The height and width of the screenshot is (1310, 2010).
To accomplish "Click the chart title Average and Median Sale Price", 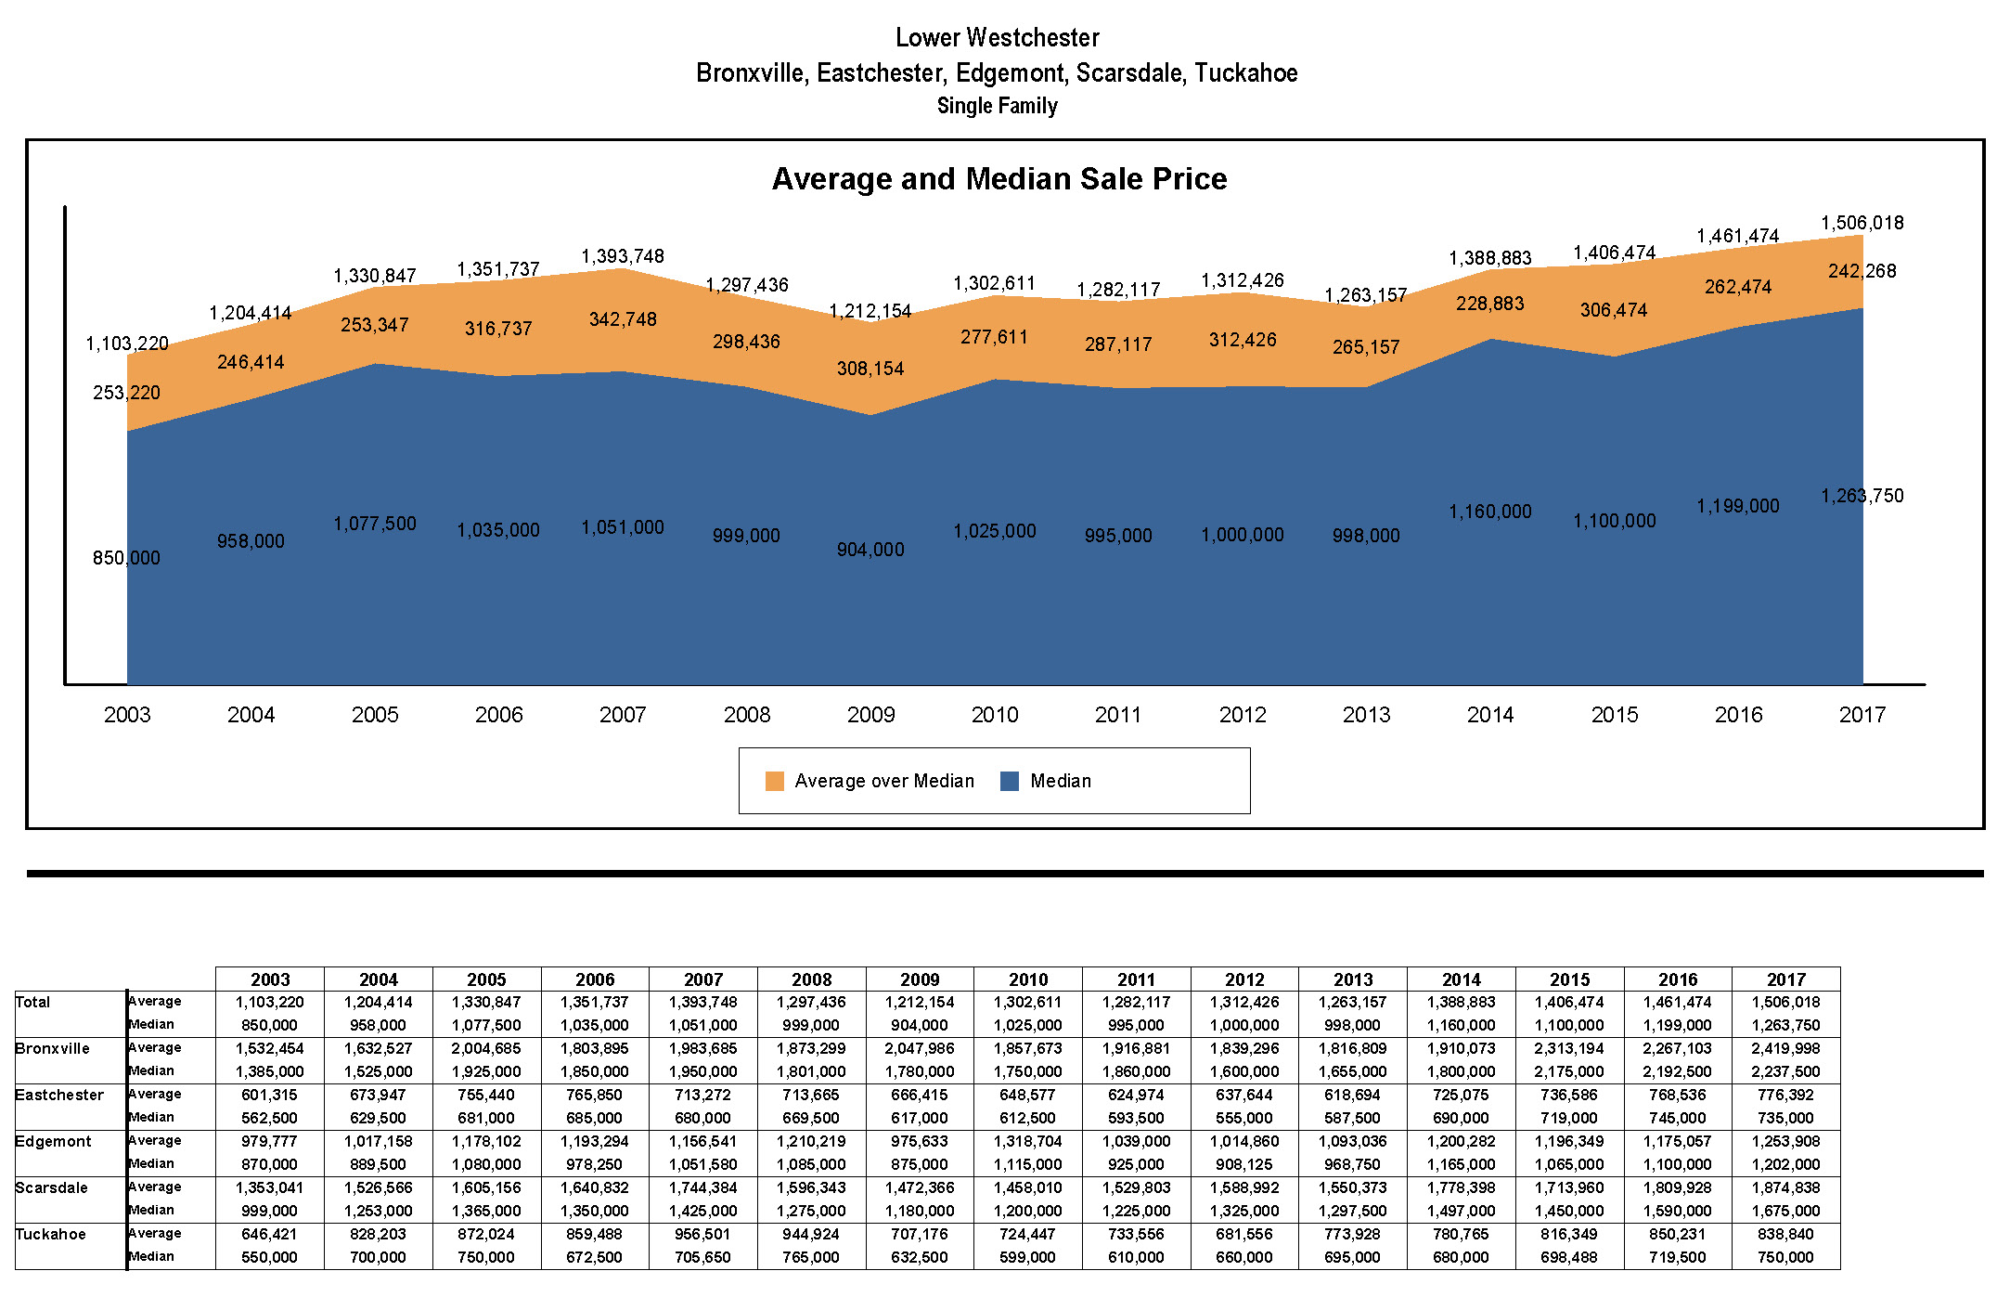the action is tap(999, 178).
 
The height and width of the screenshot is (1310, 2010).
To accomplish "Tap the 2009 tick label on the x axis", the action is tap(870, 715).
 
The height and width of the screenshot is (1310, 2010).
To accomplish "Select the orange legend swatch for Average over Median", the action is tap(775, 781).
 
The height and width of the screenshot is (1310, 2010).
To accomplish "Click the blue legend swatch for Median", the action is tap(1010, 781).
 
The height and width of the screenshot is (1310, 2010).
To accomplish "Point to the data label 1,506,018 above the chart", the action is tap(1862, 223).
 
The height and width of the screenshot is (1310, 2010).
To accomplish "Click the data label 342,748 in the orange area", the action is tap(623, 319).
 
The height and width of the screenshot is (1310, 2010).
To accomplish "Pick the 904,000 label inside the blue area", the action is tap(870, 550).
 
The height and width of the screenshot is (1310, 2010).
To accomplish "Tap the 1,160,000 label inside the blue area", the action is tap(1490, 512).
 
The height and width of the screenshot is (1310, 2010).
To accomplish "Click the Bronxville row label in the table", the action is tap(53, 1049).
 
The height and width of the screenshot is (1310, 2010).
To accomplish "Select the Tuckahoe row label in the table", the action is tap(51, 1235).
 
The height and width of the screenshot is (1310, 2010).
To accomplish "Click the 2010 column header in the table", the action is tap(1028, 979).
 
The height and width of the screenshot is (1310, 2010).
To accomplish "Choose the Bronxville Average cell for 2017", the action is tap(1786, 1048).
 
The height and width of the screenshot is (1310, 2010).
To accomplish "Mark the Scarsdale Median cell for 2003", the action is tap(270, 1211).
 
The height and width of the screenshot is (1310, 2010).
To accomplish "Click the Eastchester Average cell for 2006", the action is tap(595, 1095).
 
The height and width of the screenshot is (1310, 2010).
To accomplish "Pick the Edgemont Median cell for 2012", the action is tap(1244, 1164).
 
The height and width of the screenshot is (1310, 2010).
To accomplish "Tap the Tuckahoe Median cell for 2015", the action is tap(1569, 1257).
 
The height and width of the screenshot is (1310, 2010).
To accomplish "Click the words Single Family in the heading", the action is tap(998, 106).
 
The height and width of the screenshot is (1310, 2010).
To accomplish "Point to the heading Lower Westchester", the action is tap(998, 38).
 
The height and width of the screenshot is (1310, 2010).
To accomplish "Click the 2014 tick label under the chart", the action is tap(1490, 715).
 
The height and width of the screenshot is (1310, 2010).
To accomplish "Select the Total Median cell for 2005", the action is tap(486, 1025).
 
